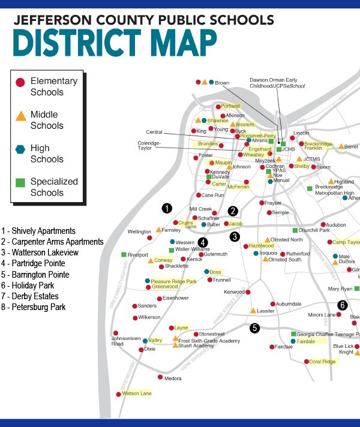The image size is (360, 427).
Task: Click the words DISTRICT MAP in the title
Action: pyautogui.click(x=114, y=43)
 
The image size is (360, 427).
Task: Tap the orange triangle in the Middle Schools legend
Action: pyautogui.click(x=20, y=115)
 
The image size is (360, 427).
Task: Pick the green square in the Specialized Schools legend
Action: pyautogui.click(x=20, y=182)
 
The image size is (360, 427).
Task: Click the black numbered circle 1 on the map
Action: pyautogui.click(x=167, y=208)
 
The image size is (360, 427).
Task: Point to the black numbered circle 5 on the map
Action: pyautogui.click(x=255, y=327)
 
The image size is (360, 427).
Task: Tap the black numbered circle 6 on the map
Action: pyautogui.click(x=342, y=305)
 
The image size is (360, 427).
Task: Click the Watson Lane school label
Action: pyautogui.click(x=137, y=393)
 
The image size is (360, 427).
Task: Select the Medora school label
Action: pyautogui.click(x=173, y=378)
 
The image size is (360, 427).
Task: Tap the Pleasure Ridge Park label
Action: pyautogui.click(x=173, y=281)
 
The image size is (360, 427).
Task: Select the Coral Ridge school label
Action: pyautogui.click(x=323, y=362)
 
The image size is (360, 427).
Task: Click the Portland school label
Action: pyautogui.click(x=230, y=106)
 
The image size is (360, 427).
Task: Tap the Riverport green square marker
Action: pyautogui.click(x=123, y=255)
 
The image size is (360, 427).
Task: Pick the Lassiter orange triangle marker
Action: pyautogui.click(x=253, y=311)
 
